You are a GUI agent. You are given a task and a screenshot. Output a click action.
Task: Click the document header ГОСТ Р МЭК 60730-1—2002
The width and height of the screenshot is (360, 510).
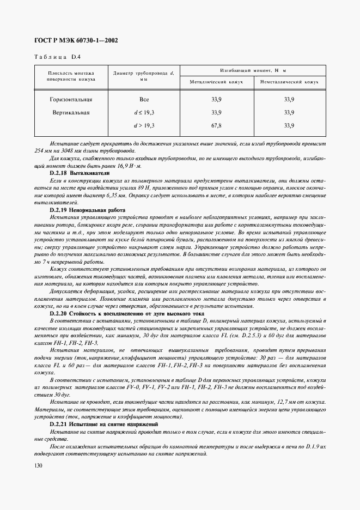pos(76,41)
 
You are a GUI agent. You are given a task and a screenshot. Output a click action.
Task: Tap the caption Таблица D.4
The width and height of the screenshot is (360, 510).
pos(58,56)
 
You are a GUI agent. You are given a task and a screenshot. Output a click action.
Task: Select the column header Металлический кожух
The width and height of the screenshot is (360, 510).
pos(216,82)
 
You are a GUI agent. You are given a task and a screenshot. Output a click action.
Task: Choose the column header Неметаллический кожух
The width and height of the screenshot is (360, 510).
pos(289,82)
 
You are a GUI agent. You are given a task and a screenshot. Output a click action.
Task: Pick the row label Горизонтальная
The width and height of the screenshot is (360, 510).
pos(71,100)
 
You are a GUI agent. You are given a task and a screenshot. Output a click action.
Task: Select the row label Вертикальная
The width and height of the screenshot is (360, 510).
pos(71,113)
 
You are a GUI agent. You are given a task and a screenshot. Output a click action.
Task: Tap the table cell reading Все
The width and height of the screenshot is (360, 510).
pos(144,100)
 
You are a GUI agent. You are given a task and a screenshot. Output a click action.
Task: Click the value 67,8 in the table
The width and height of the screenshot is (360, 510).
pos(216,125)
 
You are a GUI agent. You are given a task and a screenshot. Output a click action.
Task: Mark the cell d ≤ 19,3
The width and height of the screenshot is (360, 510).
pos(144,113)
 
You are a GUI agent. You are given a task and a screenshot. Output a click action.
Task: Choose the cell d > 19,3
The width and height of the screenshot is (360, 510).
pos(144,125)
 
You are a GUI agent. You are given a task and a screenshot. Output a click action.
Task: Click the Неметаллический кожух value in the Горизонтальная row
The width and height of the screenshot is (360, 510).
pos(289,100)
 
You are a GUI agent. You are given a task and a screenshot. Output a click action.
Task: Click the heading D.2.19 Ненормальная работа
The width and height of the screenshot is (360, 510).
pos(87,210)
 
